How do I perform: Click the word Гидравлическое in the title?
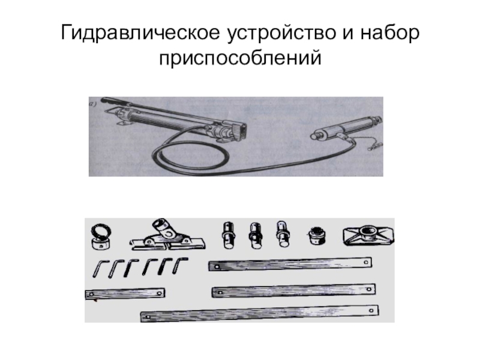[140, 33]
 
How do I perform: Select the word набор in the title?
[389, 32]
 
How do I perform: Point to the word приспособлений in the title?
[240, 58]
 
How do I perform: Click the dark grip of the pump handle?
[112, 101]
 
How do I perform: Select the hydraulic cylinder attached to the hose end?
[346, 128]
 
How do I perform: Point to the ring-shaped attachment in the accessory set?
[101, 236]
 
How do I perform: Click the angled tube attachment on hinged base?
[167, 236]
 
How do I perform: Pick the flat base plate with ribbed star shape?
[368, 236]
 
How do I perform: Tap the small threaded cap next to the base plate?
[317, 235]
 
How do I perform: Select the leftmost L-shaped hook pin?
[99, 268]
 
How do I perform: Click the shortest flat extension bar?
[125, 293]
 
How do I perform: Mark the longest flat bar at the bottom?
[260, 313]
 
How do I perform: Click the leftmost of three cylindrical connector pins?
[229, 235]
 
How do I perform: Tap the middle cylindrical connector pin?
[256, 235]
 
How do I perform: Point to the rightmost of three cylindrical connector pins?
[283, 234]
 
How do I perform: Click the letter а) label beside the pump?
[92, 104]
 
